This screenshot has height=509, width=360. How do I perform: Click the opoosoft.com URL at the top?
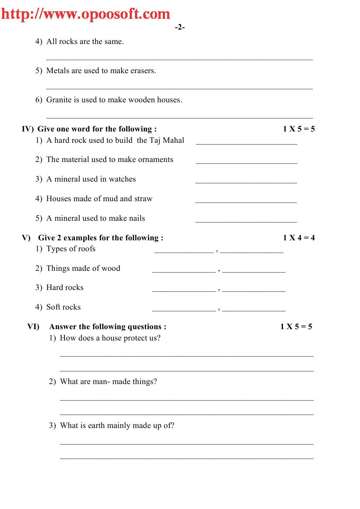coord(86,14)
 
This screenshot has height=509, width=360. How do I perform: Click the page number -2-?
coord(180,27)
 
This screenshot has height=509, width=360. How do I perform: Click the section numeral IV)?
coord(27,129)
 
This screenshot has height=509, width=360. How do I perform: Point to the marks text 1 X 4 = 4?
coord(299,238)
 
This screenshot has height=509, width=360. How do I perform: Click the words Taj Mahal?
coord(167,140)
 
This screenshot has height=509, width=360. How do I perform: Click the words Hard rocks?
coord(65,287)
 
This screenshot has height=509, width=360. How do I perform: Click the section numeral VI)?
coord(33,327)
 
